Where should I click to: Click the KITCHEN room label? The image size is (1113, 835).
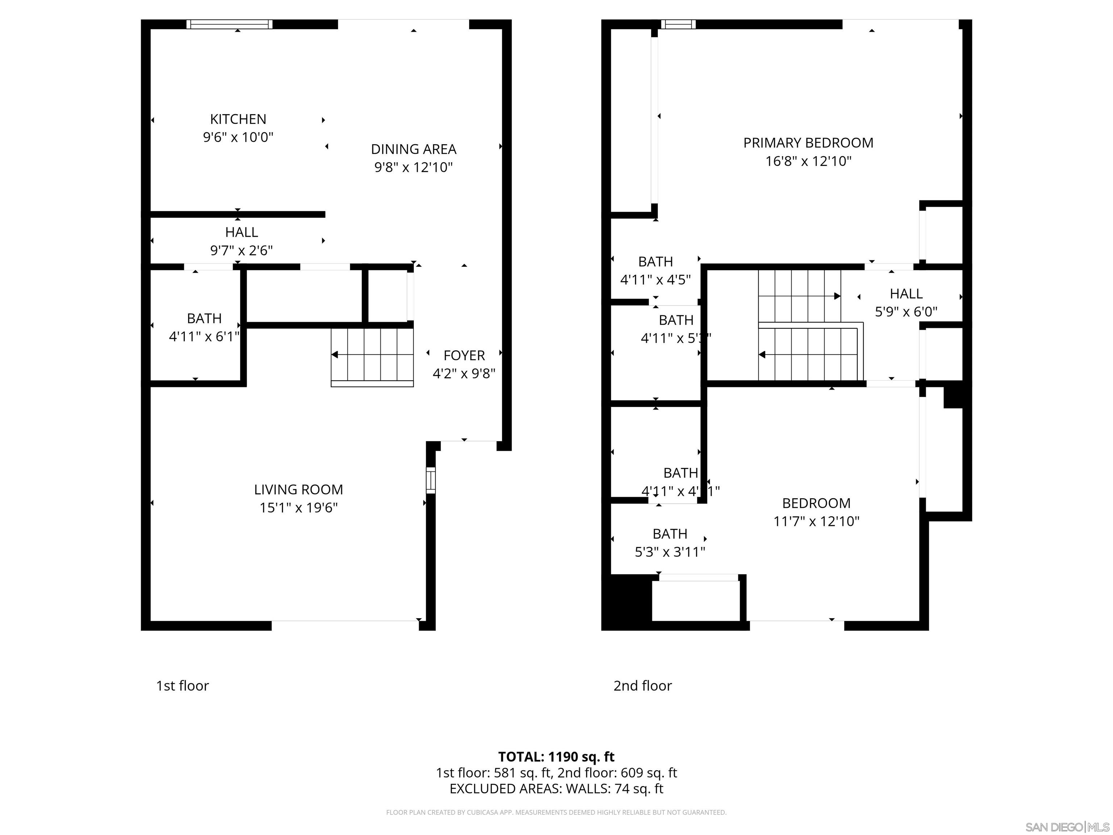click(238, 119)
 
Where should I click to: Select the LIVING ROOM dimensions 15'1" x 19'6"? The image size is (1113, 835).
click(299, 507)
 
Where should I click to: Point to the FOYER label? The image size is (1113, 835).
click(464, 355)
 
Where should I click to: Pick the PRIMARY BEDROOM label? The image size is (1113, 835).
click(808, 143)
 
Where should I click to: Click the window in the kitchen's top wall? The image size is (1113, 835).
click(229, 24)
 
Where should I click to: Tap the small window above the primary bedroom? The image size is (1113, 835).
click(678, 24)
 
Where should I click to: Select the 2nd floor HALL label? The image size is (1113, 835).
click(906, 294)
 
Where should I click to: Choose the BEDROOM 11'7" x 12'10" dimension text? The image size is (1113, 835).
click(816, 522)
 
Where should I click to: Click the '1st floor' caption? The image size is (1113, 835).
click(182, 686)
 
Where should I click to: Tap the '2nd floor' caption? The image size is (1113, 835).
click(642, 686)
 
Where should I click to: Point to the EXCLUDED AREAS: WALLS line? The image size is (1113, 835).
click(556, 789)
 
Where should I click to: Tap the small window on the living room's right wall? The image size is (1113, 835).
click(431, 480)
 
